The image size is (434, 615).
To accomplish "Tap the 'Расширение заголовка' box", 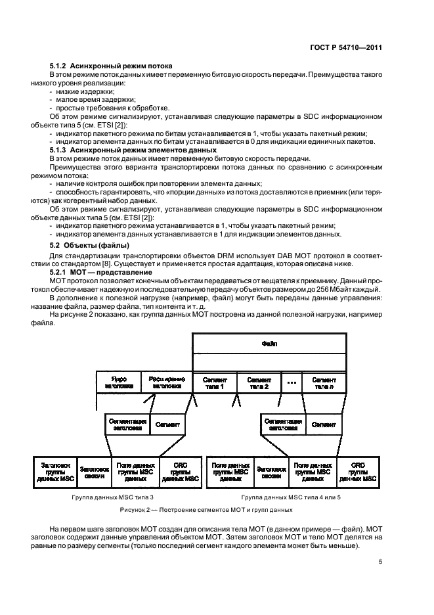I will [x=167, y=382].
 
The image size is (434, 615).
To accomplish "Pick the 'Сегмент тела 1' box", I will [x=214, y=382].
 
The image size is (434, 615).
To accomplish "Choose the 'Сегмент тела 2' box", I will [x=258, y=382].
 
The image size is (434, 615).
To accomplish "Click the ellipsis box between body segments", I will [x=292, y=382].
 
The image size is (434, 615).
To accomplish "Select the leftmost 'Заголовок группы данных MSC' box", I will [x=54, y=471].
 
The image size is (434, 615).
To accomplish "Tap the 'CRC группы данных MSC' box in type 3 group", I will [x=179, y=471].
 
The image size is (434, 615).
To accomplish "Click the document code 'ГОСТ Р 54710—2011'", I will [x=345, y=48].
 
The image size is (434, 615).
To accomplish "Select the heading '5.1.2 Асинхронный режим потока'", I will [x=111, y=66].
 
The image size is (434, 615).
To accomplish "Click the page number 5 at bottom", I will [x=380, y=562].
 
